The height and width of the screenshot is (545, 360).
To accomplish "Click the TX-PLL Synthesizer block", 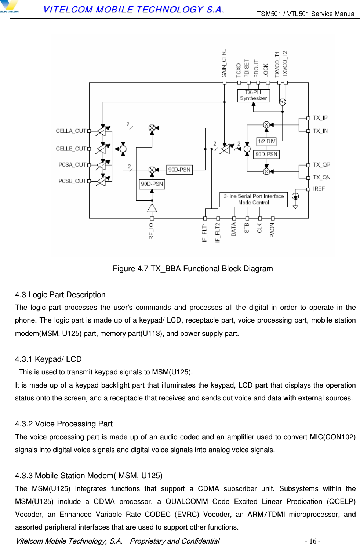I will (x=253, y=95).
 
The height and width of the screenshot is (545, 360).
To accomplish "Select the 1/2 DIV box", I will (x=266, y=141).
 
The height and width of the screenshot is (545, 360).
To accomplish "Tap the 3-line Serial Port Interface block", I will (x=254, y=199).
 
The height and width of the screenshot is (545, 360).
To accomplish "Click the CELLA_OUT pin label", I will (x=71, y=131).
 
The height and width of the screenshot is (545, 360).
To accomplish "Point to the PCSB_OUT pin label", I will (x=72, y=181).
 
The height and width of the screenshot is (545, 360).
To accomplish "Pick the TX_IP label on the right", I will (x=320, y=118).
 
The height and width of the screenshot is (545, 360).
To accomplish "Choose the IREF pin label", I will (x=319, y=189).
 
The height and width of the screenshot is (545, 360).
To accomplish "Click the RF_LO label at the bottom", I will (x=152, y=231).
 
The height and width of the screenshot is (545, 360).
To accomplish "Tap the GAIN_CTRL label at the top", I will (x=224, y=63).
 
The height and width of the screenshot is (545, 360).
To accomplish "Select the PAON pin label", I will (x=272, y=230).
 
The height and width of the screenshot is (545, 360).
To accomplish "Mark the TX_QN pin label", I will (x=321, y=177).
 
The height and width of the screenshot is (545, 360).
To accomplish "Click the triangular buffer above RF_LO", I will (x=152, y=208).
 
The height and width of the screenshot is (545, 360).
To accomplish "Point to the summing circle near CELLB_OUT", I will (x=123, y=149).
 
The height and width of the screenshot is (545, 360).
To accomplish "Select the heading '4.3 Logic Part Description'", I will (x=60, y=295).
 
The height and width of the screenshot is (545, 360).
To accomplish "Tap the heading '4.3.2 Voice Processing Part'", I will (x=63, y=424).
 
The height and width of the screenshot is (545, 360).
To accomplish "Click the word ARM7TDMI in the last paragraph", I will (x=266, y=514).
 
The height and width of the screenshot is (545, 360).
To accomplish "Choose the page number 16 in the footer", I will (x=313, y=541).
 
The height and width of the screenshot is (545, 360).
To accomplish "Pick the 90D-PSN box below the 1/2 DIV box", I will (x=266, y=154).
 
